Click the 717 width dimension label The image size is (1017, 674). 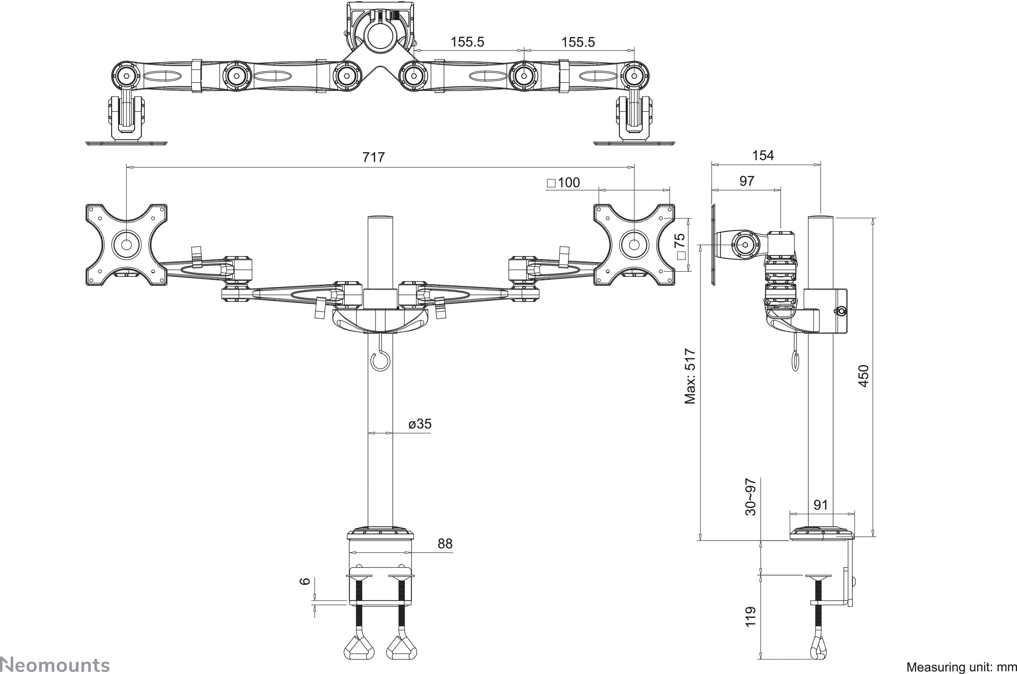pyautogui.click(x=373, y=157)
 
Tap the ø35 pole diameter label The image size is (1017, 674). pyautogui.click(x=419, y=424)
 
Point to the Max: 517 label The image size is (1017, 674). pyautogui.click(x=690, y=376)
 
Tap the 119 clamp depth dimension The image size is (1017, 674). pyautogui.click(x=750, y=616)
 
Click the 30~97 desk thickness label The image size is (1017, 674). pyautogui.click(x=750, y=497)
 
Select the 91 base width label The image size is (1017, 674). pyautogui.click(x=821, y=505)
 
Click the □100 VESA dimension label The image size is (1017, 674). pyautogui.click(x=563, y=183)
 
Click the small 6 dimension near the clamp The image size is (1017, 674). pyautogui.click(x=305, y=581)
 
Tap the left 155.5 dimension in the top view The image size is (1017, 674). pyautogui.click(x=467, y=42)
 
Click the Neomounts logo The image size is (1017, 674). pyautogui.click(x=55, y=665)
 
